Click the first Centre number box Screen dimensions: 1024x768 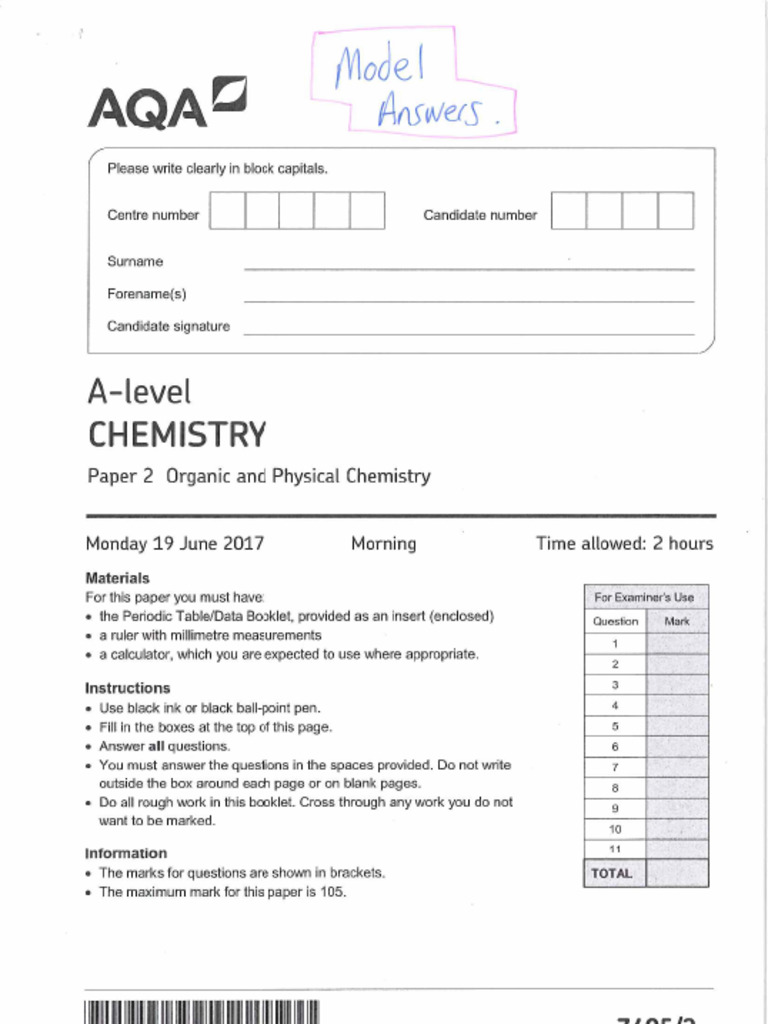click(227, 211)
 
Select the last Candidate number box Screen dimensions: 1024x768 click(675, 211)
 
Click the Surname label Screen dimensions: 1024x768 click(135, 262)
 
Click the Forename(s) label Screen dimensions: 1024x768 click(147, 294)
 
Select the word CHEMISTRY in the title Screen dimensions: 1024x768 click(177, 435)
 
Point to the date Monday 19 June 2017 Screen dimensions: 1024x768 click(175, 544)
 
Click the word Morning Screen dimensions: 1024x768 click(383, 544)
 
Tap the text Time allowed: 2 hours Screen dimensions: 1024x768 click(624, 544)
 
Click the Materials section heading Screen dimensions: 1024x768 click(117, 578)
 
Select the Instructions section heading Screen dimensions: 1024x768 click(127, 688)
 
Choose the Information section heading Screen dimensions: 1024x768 click(126, 853)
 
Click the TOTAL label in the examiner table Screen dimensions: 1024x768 click(612, 873)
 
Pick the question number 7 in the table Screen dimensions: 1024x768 click(615, 767)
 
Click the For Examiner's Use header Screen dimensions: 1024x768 click(644, 597)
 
